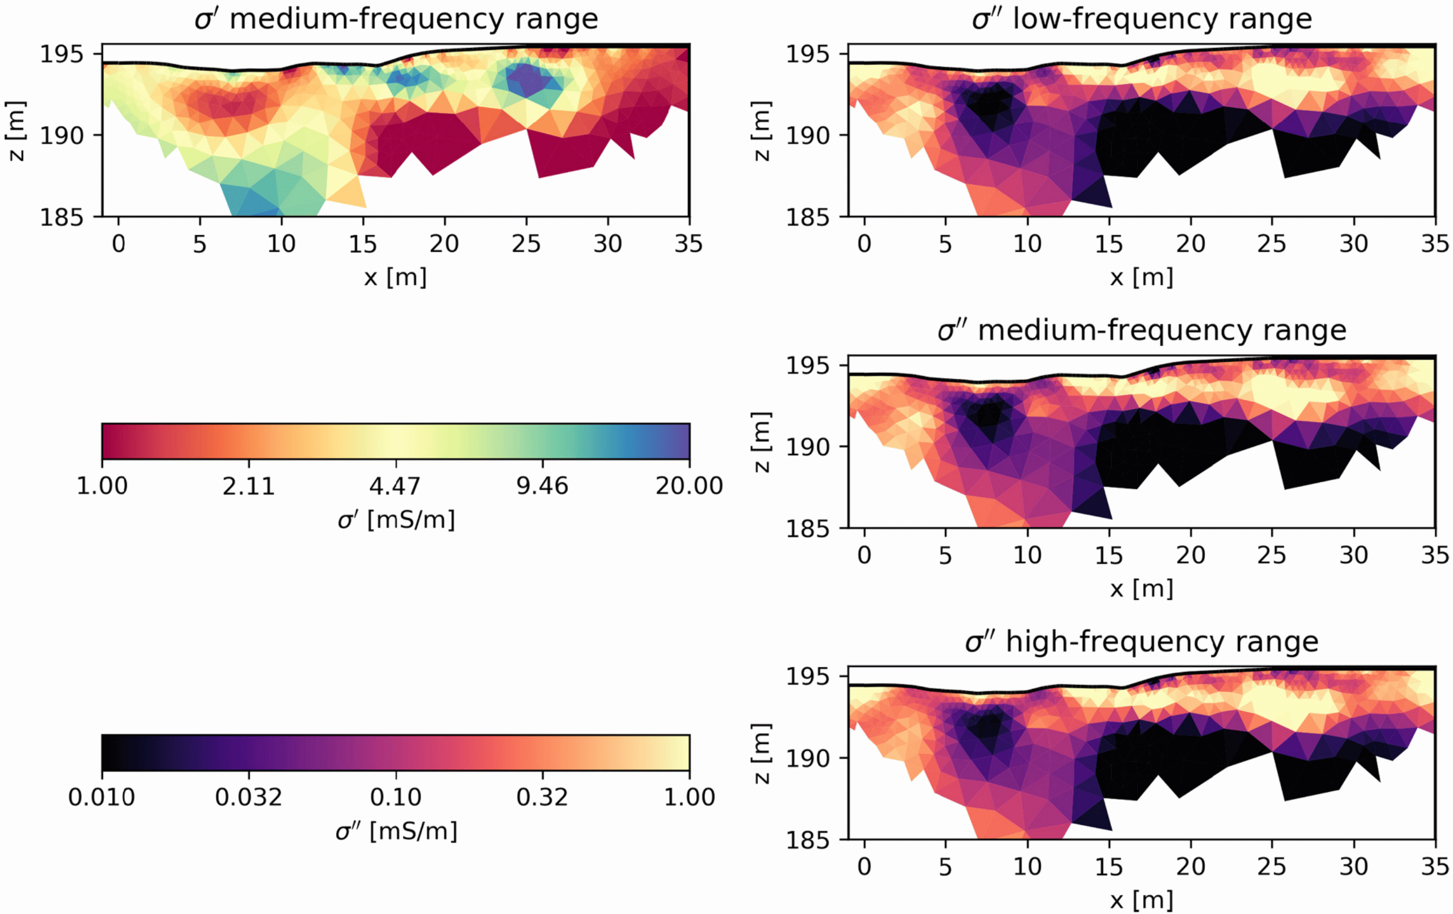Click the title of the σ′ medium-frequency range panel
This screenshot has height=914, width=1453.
[396, 19]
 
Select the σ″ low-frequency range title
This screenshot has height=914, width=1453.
[1141, 19]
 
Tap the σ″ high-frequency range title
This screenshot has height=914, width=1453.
[1141, 641]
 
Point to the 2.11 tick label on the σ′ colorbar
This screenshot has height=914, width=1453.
[249, 486]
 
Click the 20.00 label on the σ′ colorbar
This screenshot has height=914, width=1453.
[689, 486]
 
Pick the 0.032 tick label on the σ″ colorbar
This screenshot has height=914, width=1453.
[249, 798]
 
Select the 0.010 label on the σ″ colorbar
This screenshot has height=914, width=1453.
[101, 798]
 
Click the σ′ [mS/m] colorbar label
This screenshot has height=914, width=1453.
[396, 520]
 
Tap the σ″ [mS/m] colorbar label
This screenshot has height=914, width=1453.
[396, 831]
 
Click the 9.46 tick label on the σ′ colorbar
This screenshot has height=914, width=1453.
[542, 486]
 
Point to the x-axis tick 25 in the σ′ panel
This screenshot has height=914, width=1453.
[526, 244]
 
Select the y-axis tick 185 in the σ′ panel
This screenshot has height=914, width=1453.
[61, 217]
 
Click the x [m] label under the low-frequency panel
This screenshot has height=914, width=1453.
[1141, 277]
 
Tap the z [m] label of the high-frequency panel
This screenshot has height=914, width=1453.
[762, 753]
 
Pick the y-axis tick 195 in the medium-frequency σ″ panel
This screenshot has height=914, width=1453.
[808, 366]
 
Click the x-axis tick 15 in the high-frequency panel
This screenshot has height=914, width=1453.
[1109, 867]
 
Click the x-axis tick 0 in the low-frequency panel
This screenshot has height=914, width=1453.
[864, 244]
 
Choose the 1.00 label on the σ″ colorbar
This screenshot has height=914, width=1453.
[689, 798]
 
